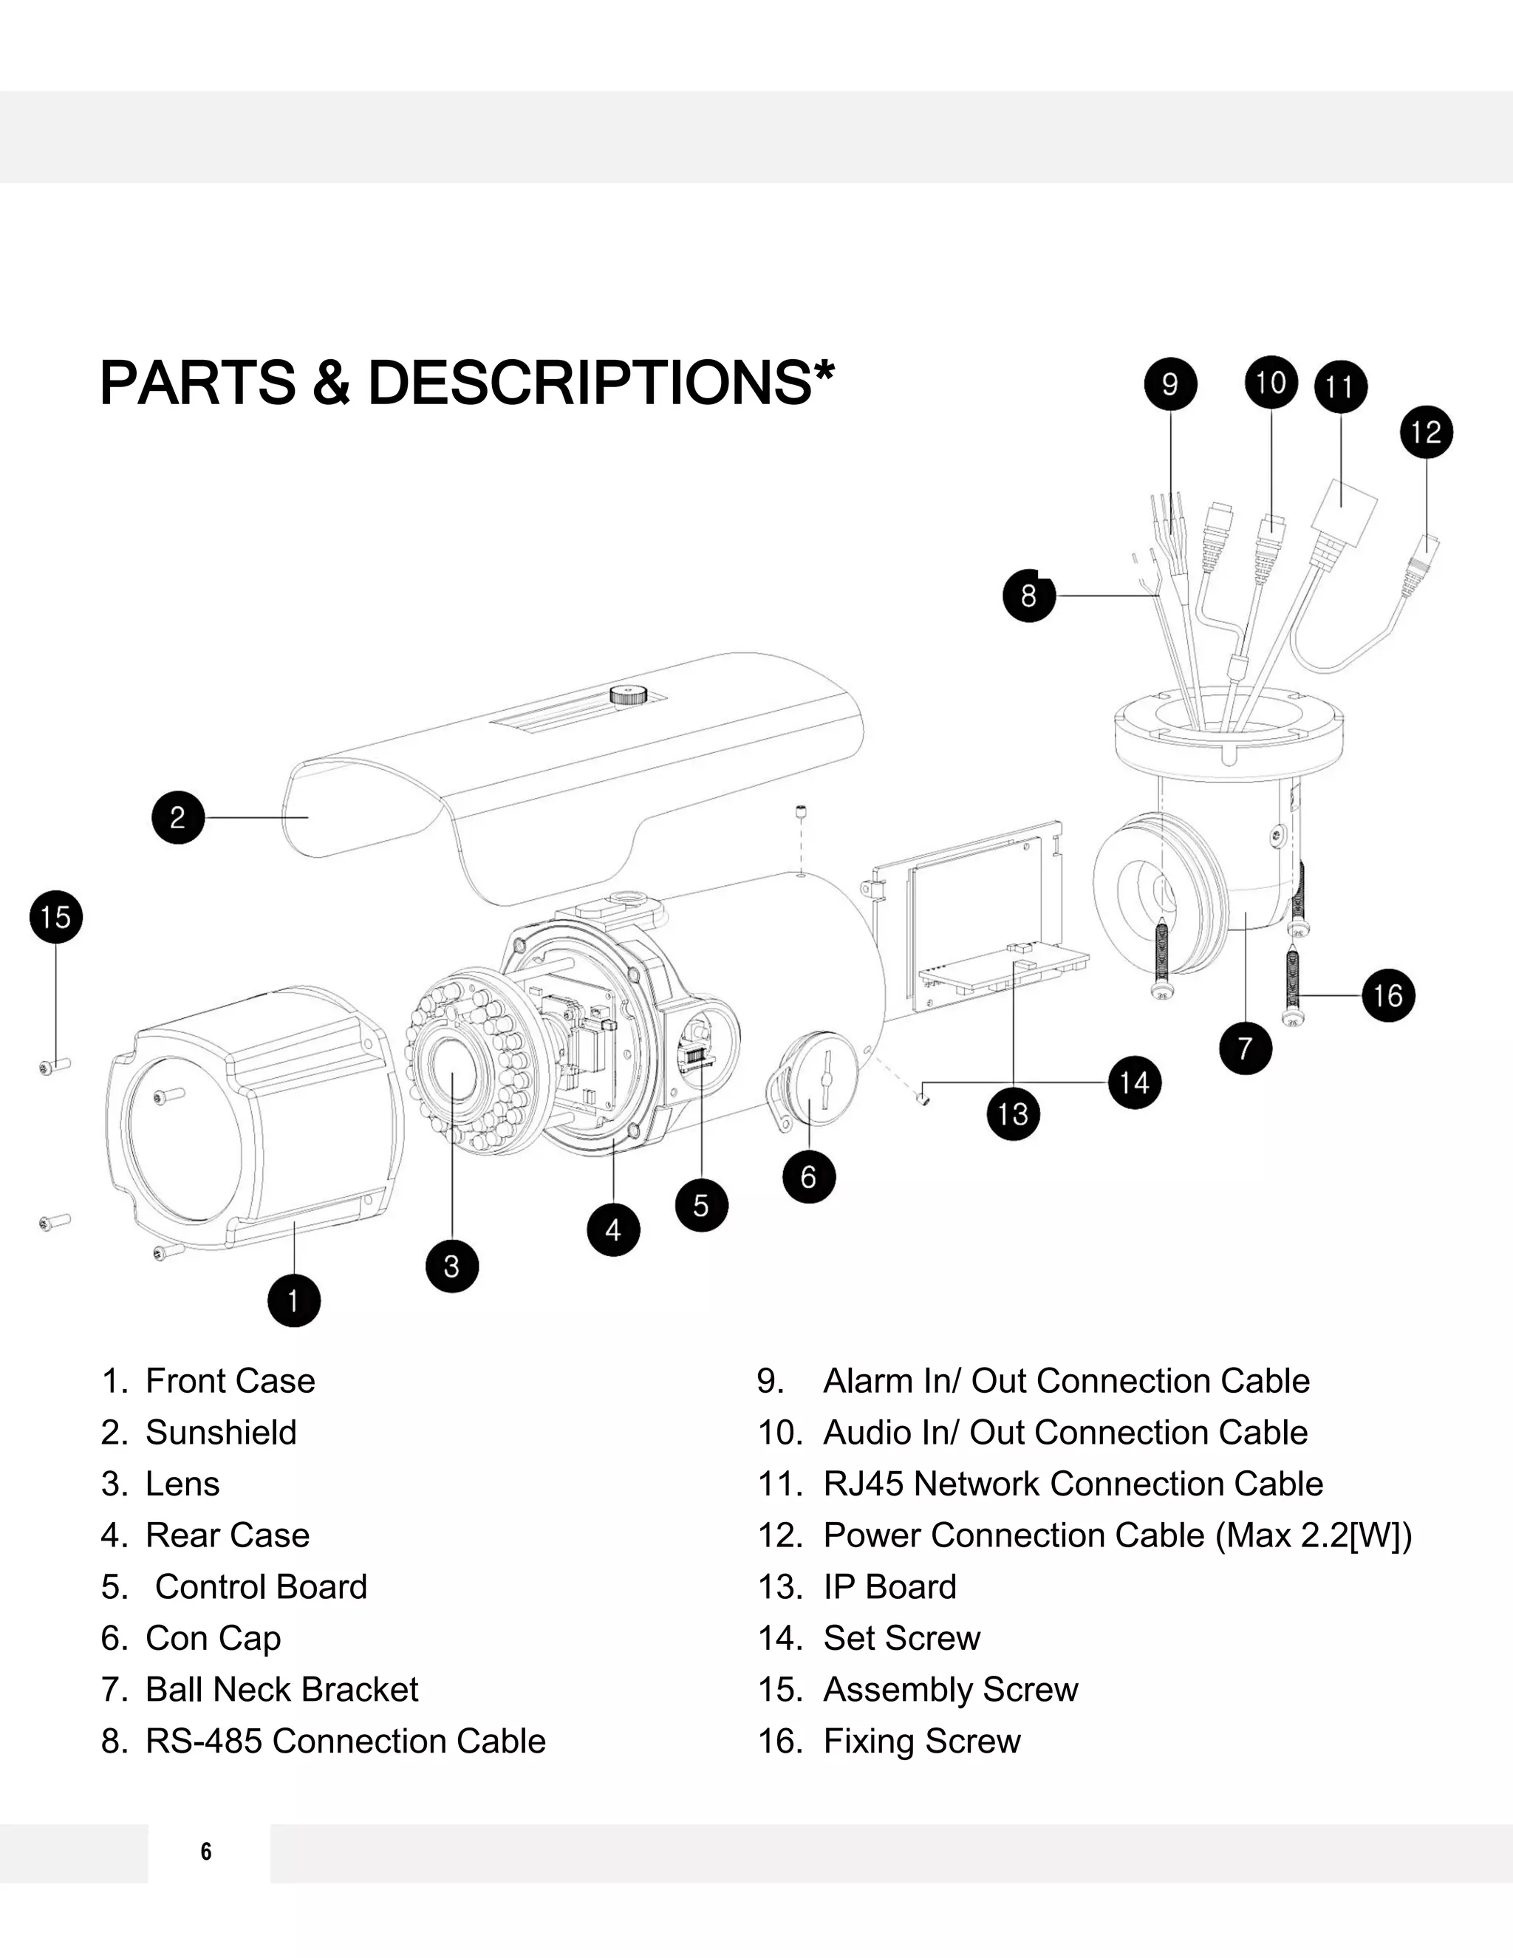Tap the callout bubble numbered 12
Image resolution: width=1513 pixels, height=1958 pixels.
coord(1426,432)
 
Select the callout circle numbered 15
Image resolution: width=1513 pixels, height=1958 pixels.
coord(55,917)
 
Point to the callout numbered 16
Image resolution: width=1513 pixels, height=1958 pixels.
coord(1388,995)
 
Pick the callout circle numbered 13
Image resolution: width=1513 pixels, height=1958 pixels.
coord(1013,1114)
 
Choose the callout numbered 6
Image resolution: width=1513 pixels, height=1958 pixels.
coord(808,1177)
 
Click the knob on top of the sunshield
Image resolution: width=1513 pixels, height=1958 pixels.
coord(629,694)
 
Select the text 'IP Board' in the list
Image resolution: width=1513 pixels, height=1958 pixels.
coord(889,1587)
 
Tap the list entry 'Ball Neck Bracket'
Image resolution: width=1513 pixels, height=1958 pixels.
coord(281,1690)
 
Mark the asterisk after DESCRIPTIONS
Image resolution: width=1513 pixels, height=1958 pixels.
coord(824,369)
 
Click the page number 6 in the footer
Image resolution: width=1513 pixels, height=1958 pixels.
coord(206,1852)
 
